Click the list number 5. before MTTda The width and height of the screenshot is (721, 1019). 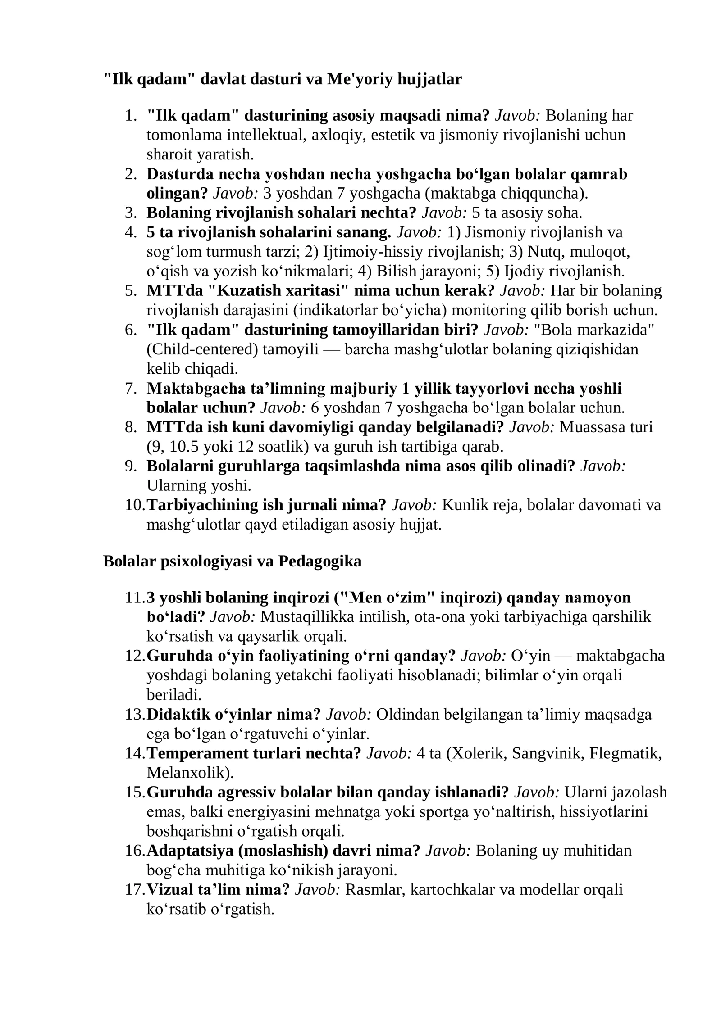(131, 291)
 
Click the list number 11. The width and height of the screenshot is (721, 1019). (134, 598)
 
